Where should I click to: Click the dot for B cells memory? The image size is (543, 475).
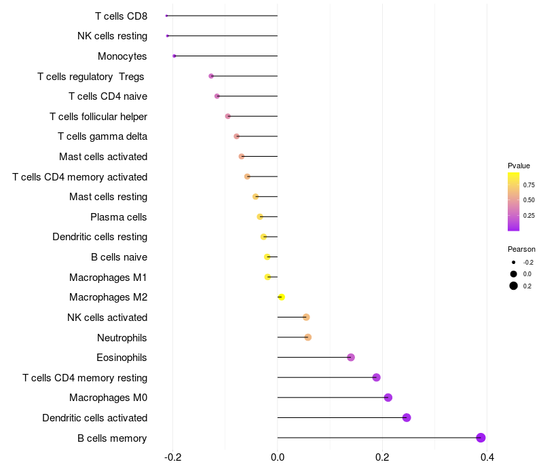(481, 438)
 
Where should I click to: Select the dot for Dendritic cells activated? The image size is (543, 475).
(407, 417)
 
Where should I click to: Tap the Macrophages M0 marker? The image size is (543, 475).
(388, 398)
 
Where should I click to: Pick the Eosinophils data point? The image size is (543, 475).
(351, 358)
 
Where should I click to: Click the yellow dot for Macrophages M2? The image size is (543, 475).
(281, 297)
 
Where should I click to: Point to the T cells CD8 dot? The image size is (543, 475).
(166, 16)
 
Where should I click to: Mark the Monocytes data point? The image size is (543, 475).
(174, 56)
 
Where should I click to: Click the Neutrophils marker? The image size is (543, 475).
(307, 337)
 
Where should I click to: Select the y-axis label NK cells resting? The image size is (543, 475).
(112, 36)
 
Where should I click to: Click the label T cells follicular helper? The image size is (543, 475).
(98, 117)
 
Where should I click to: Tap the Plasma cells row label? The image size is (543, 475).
(119, 217)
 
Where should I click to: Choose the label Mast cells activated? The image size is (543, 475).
(103, 157)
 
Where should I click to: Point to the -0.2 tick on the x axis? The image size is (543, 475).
(172, 457)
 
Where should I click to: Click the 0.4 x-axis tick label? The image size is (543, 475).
(487, 457)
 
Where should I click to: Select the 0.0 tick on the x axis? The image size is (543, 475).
(278, 457)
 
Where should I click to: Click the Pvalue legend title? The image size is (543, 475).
(519, 166)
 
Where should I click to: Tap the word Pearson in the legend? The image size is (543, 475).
(521, 249)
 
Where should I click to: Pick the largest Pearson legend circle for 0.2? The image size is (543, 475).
(514, 286)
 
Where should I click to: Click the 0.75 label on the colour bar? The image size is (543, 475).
(529, 185)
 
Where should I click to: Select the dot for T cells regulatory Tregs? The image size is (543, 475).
(211, 76)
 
